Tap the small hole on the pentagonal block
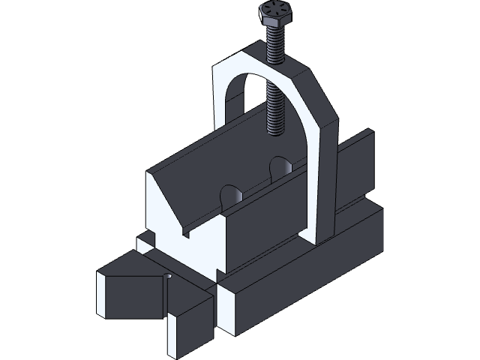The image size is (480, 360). (x=169, y=277)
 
